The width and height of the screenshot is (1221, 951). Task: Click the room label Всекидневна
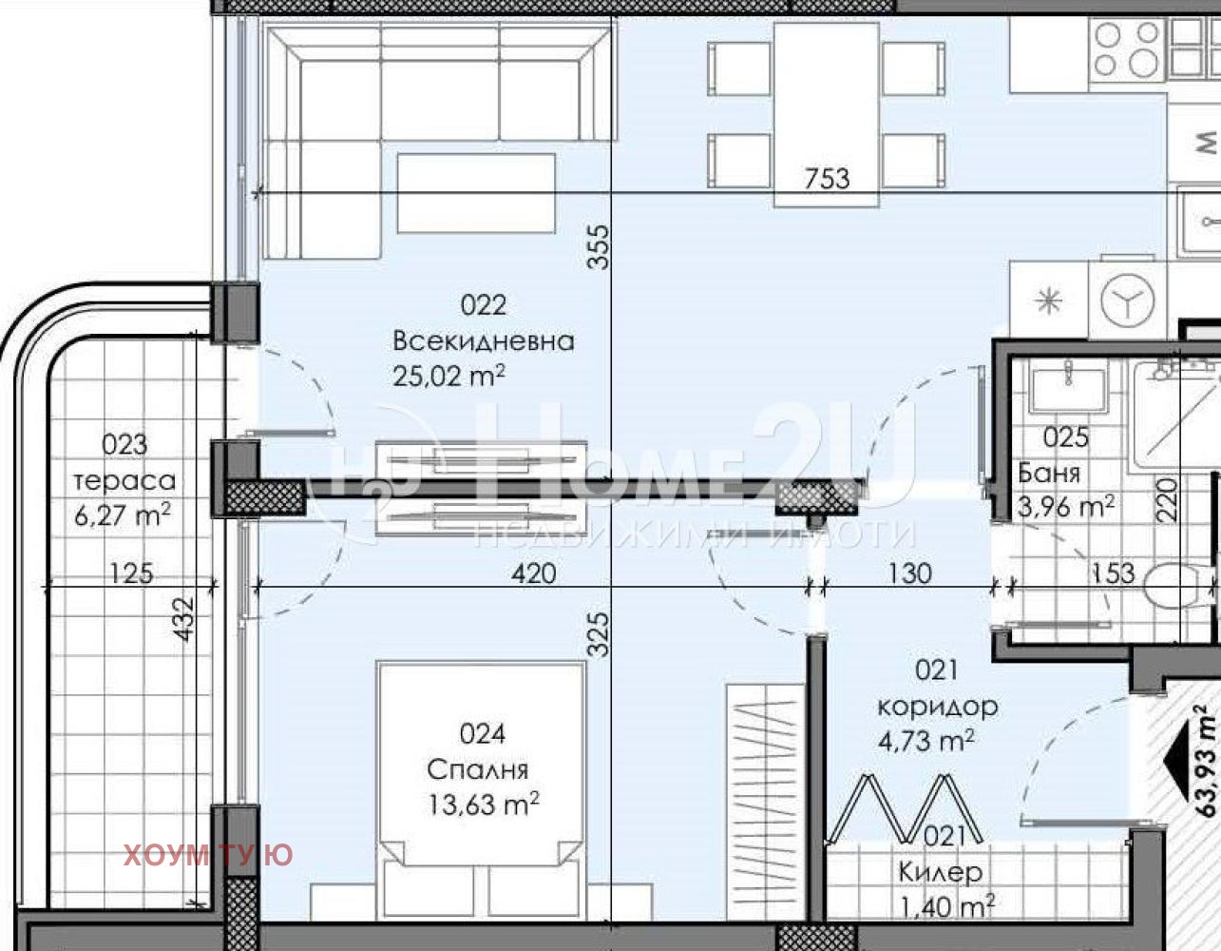coord(484,341)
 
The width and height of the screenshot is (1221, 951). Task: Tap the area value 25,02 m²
coord(448,376)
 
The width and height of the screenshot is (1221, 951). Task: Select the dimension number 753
coord(827,179)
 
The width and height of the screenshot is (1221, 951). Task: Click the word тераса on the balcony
coord(124,481)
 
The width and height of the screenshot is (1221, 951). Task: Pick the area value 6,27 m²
coord(123,514)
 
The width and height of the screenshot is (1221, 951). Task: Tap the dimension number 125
coord(131,573)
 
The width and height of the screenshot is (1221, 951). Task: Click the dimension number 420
coord(534,573)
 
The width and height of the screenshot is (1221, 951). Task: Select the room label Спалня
coord(478,769)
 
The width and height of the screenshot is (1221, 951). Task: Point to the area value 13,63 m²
coord(484,805)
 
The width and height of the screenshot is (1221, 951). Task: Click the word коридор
coord(937,707)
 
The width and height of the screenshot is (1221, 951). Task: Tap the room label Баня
coord(1049,473)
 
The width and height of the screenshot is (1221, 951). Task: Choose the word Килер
coord(941,872)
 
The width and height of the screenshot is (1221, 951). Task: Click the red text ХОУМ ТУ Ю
coord(207,855)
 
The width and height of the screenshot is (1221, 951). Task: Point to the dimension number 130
coord(909,573)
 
